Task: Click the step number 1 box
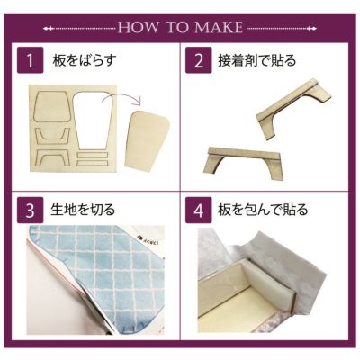pyautogui.click(x=31, y=60)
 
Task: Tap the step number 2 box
pyautogui.click(x=199, y=60)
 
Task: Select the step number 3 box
pyautogui.click(x=31, y=210)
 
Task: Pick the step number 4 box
pyautogui.click(x=199, y=210)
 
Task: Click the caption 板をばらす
pyautogui.click(x=85, y=60)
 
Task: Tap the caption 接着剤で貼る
pyautogui.click(x=257, y=60)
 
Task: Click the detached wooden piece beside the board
pyautogui.click(x=147, y=140)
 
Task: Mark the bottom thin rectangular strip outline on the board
pyautogui.click(x=92, y=163)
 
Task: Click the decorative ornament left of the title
pyautogui.click(x=79, y=29)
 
